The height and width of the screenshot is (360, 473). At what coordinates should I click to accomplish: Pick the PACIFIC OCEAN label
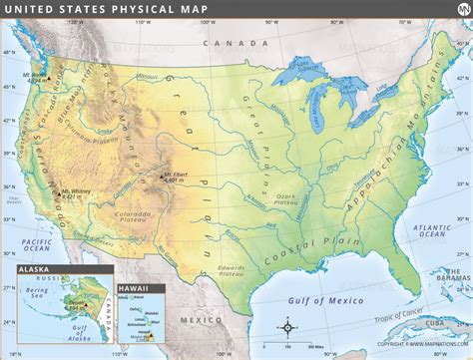[x=38, y=246]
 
